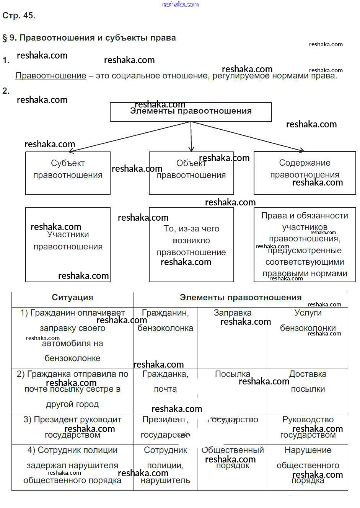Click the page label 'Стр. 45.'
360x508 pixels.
tap(19, 16)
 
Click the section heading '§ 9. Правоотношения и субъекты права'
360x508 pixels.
tap(89, 38)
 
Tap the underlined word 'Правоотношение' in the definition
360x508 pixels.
tap(50, 76)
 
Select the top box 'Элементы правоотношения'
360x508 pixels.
tap(191, 112)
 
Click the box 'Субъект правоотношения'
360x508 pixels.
tap(68, 173)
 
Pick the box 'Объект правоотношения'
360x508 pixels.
tap(191, 173)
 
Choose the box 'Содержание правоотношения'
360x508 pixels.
tap(305, 173)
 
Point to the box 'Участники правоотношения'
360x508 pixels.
tap(68, 244)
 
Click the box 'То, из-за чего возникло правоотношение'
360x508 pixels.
tap(191, 244)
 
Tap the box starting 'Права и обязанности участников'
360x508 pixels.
tap(305, 244)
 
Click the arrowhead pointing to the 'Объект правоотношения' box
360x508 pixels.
tap(191, 149)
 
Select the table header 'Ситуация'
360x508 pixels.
tap(72, 298)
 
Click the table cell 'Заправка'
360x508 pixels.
tap(232, 313)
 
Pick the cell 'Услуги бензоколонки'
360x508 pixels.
tap(308, 321)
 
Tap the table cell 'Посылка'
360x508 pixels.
tap(232, 374)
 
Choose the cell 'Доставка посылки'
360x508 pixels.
tap(308, 381)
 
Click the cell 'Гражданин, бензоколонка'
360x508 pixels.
tap(165, 321)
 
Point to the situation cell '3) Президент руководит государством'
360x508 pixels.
tap(72, 427)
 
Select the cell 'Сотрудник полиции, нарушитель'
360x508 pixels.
tap(165, 465)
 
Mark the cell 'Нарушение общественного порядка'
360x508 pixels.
tap(308, 465)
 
